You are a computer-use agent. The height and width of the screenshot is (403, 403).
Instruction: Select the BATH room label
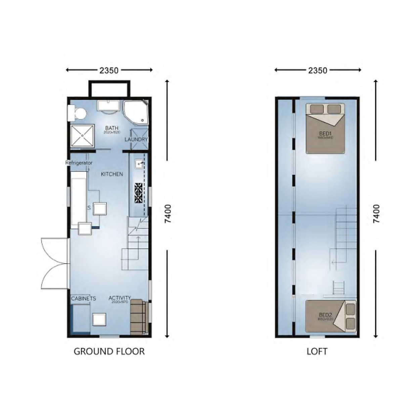pos(111,128)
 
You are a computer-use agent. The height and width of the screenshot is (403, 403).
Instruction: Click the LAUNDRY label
pos(136,139)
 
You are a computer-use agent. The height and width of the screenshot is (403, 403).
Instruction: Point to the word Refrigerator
pos(79,163)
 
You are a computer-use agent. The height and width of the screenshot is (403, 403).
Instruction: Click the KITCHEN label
pos(112,174)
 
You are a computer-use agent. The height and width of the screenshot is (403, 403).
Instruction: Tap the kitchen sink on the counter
pos(139,164)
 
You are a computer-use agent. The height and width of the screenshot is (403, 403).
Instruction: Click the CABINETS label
pos(84,298)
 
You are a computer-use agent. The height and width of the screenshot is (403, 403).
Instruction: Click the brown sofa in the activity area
pos(138,317)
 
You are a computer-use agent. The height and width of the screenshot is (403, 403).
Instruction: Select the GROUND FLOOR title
pos(109,352)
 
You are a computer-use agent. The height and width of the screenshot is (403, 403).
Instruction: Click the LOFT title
pos(317,352)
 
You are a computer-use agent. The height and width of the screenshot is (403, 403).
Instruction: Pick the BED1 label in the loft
pos(324,134)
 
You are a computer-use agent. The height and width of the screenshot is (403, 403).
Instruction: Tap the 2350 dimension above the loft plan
pos(318,70)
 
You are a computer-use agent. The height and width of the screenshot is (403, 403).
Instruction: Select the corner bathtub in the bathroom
pos(135,111)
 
